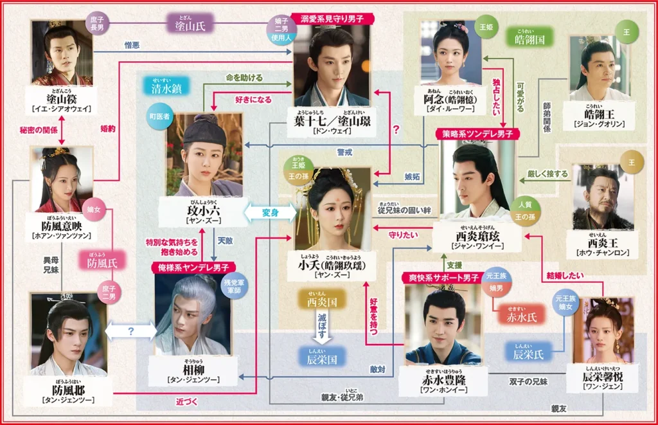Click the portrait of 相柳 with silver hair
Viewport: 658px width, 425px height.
click(193, 314)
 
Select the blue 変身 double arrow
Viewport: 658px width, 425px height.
click(269, 212)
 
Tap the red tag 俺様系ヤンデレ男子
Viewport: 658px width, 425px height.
click(193, 266)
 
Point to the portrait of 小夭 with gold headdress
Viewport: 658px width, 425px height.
click(332, 208)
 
